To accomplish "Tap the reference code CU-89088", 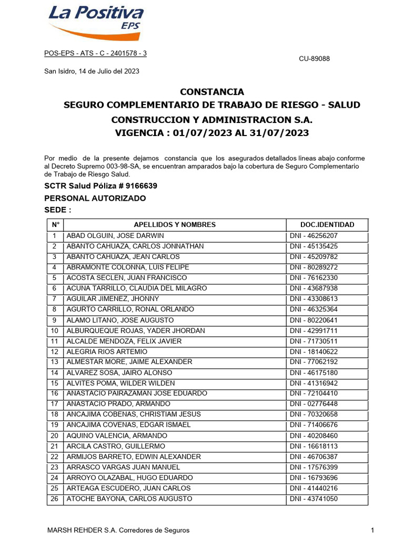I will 315,59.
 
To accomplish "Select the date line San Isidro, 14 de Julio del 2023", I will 92,71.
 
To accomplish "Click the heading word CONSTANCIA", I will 212,91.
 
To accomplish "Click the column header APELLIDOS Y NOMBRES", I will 175,225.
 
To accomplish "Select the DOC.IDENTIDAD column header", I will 327,225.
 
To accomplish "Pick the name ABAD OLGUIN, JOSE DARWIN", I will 115,236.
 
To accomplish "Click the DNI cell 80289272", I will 314,267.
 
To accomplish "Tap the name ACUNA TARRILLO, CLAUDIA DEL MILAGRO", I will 137,288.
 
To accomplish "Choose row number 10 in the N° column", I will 54,330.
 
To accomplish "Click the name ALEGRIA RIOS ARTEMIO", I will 107,351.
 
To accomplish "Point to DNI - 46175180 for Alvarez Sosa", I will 314,373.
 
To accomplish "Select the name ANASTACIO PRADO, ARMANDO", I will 118,404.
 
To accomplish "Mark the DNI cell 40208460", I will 314,436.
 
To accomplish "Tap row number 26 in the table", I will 54,499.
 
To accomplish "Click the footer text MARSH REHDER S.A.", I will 118,530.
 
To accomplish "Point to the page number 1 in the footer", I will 372,530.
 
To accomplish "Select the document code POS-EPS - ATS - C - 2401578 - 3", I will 95,54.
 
